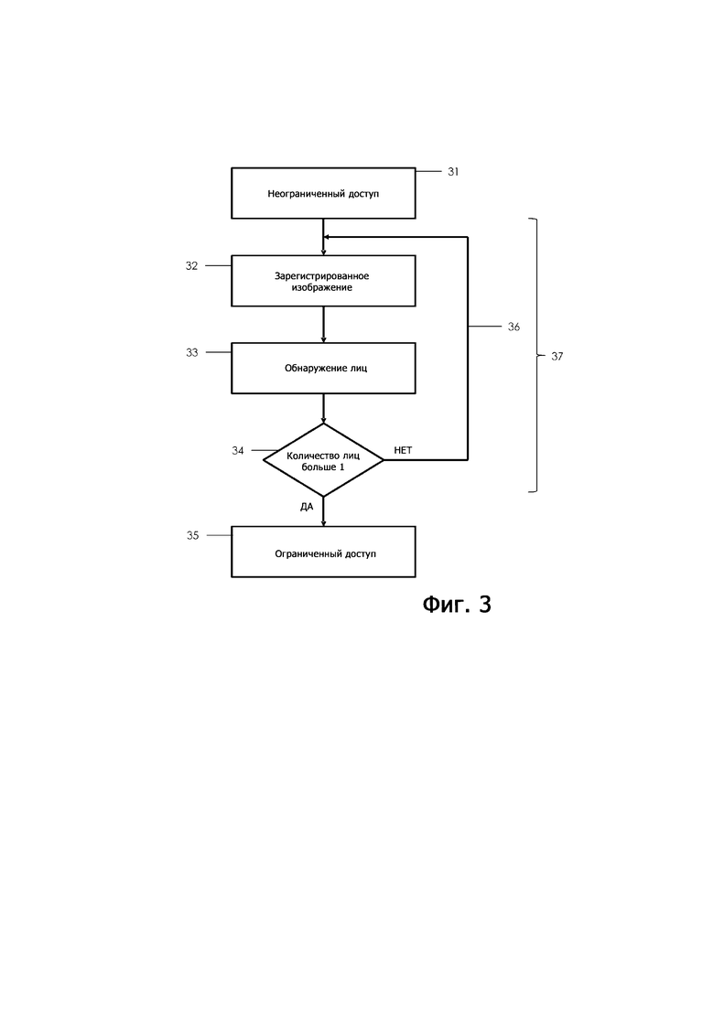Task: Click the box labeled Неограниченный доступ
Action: coord(323,193)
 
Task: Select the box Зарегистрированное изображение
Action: coord(323,281)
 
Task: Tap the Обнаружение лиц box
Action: coord(323,368)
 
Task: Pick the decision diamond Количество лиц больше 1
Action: coord(323,460)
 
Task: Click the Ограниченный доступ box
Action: coord(323,552)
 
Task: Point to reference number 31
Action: coord(453,172)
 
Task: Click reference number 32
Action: coord(192,266)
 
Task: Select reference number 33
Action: coord(192,352)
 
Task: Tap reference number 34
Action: coord(238,450)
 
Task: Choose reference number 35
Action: coord(192,535)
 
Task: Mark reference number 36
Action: coord(514,327)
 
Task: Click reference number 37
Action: coord(557,356)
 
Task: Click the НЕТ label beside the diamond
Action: coord(403,450)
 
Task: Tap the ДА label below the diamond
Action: coord(307,507)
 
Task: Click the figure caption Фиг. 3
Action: coord(457,605)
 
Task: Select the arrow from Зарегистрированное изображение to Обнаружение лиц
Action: coord(323,325)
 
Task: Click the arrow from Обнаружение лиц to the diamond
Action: coord(323,408)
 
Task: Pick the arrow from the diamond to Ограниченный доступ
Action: coord(323,511)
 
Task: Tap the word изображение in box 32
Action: coord(322,287)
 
